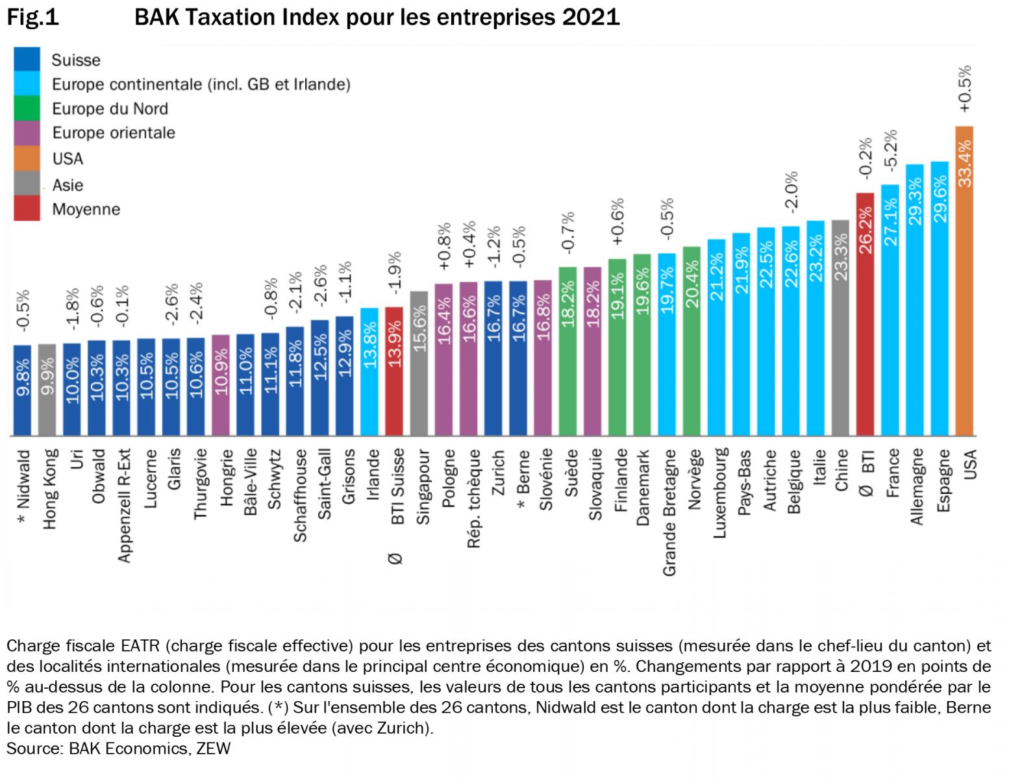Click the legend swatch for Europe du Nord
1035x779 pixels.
pos(27,108)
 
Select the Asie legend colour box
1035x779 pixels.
pos(27,185)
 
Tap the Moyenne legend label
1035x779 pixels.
pos(86,210)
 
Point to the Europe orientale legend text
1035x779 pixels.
pos(114,133)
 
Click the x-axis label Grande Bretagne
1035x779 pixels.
pos(669,512)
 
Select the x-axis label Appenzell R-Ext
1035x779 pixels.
pos(124,505)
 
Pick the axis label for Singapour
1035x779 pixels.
pos(423,487)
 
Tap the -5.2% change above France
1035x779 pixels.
pos(891,150)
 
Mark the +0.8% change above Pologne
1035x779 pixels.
pos(444,247)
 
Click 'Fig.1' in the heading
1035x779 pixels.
pos(32,18)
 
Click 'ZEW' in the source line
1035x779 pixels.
pos(214,748)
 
